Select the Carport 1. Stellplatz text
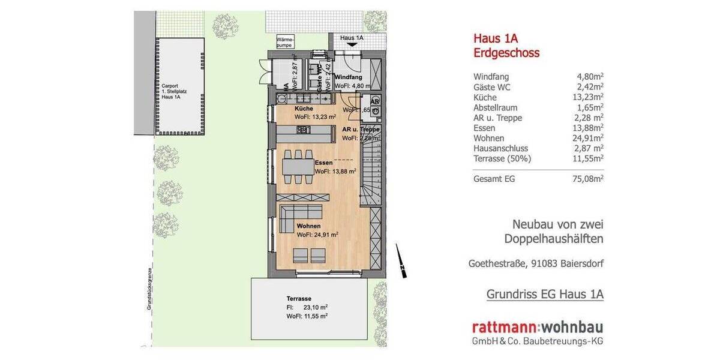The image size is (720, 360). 171,91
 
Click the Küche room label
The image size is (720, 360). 303,109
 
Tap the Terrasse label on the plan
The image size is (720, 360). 299,298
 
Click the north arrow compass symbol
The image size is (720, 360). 401,261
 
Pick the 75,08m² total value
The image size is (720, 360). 589,179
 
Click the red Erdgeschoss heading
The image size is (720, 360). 506,53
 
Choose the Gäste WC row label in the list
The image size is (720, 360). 492,87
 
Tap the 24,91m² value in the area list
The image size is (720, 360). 589,138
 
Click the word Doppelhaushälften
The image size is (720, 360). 554,239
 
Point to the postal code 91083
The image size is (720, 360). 551,263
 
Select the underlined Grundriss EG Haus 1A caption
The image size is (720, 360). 545,294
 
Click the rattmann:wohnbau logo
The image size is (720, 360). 538,328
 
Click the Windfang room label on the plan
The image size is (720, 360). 348,77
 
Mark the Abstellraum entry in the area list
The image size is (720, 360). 496,107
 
